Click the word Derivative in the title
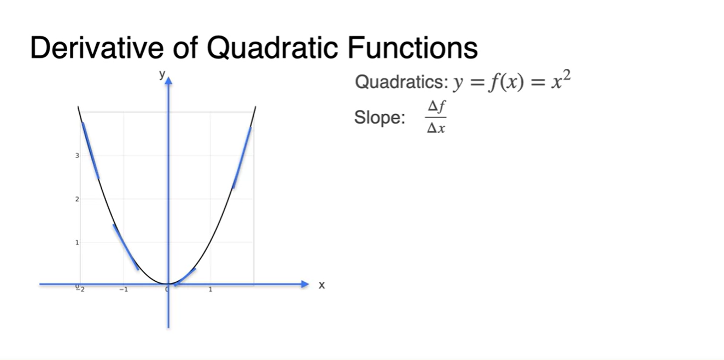pos(97,48)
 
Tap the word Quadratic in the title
pos(272,48)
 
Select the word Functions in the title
pos(412,48)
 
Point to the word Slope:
pos(379,117)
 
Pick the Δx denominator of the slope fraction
pos(436,129)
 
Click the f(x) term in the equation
pos(506,82)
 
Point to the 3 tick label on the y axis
pos(77,155)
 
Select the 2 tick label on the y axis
pos(77,199)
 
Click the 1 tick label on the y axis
pos(77,242)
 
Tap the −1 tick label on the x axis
pos(124,289)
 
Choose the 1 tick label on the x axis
pos(211,289)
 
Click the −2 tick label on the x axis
pos(80,289)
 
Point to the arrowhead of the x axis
pos(305,284)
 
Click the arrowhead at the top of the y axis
pos(168,81)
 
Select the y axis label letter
pos(162,75)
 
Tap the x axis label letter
pos(322,285)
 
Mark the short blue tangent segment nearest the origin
pos(185,277)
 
